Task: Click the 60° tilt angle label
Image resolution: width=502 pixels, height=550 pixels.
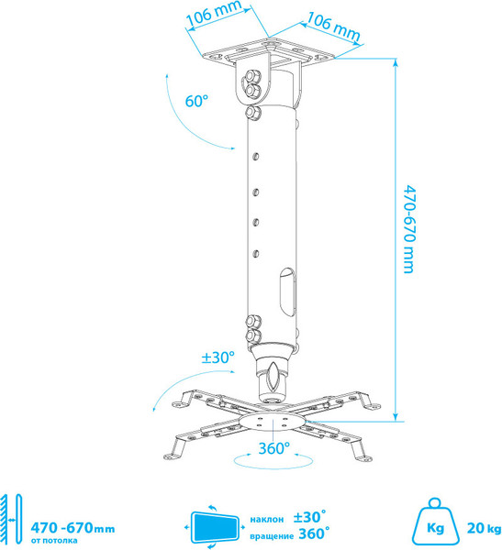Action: (x=196, y=101)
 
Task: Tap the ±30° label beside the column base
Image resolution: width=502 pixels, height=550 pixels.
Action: (x=218, y=357)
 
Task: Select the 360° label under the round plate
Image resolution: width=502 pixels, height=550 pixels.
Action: (x=274, y=448)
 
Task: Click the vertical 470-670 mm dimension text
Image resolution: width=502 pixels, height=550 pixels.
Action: (x=409, y=228)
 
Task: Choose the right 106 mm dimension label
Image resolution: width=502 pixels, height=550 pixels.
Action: (x=333, y=27)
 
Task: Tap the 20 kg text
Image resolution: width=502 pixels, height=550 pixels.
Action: (x=484, y=528)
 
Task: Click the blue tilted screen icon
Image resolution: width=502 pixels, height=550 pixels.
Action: (x=215, y=527)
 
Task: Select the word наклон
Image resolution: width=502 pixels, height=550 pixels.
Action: (x=267, y=519)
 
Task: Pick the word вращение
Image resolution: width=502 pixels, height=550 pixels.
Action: (x=272, y=536)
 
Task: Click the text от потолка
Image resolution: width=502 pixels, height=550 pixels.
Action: (x=54, y=540)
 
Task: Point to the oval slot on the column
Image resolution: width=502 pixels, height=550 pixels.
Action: (x=287, y=292)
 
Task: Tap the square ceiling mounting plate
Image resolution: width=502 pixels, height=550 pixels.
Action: (x=270, y=52)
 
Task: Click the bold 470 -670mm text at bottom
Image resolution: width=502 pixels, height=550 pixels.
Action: (x=73, y=528)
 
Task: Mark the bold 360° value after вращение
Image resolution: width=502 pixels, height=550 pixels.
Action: (x=314, y=533)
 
